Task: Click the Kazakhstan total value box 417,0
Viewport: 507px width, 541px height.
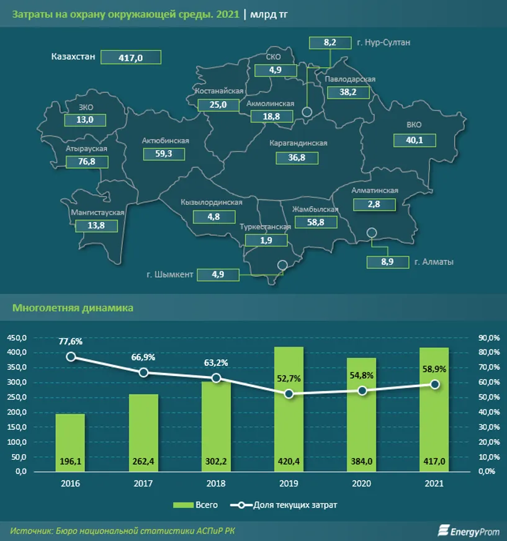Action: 131,58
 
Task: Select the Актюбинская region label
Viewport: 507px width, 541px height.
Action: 165,141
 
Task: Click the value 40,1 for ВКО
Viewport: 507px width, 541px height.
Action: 415,140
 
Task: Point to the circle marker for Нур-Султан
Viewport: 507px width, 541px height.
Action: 307,112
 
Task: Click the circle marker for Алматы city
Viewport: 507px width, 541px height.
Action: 371,233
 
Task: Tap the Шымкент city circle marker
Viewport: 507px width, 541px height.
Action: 282,265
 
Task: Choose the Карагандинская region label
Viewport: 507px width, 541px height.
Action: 298,143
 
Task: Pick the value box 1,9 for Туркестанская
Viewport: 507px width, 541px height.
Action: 267,240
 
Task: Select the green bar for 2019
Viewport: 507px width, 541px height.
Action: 289,409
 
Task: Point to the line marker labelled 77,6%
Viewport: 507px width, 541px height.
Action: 71,356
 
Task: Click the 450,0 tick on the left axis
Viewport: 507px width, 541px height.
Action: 17,338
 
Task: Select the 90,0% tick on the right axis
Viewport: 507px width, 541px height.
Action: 490,338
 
